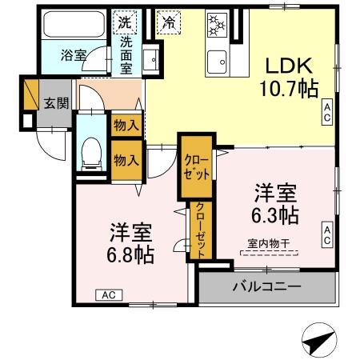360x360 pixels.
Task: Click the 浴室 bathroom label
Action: [74, 56]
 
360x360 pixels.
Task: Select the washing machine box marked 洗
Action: [126, 22]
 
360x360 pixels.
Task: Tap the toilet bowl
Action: [92, 152]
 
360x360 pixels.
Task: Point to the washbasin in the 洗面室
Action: [150, 58]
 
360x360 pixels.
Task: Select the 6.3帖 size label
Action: [276, 214]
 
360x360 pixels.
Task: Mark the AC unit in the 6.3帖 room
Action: [328, 234]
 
